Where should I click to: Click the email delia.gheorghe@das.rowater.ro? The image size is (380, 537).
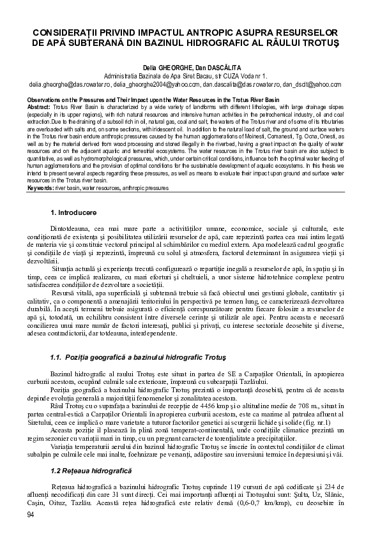coord(65,84)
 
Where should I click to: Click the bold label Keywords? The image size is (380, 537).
coord(40,188)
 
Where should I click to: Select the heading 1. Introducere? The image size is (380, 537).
coord(73,210)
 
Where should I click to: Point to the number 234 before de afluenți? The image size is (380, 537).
coord(326,487)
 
